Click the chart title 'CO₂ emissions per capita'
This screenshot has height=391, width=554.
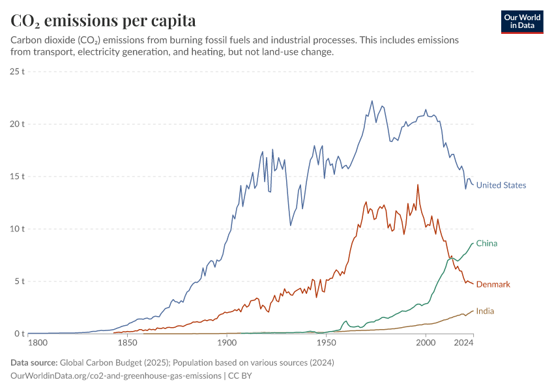pos(103,21)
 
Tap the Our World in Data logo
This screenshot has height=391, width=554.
pos(521,22)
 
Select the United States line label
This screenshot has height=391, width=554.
pos(501,185)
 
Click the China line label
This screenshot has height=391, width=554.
pos(486,244)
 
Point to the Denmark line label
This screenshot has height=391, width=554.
pos(493,285)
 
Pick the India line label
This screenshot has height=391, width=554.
pos(484,311)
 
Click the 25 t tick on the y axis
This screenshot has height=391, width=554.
pos(18,71)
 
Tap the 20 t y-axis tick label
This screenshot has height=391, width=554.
pos(18,124)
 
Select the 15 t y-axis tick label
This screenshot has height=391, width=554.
pos(18,177)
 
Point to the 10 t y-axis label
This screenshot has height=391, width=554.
pos(18,229)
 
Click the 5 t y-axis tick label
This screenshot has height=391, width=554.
pos(20,282)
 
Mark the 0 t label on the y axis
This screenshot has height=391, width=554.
pos(20,334)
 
